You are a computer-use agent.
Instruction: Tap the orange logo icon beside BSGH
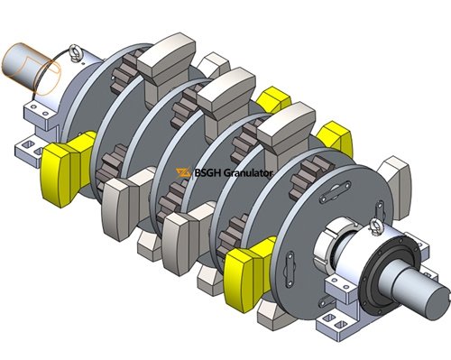coord(183,173)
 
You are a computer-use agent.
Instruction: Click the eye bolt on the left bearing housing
coord(73,52)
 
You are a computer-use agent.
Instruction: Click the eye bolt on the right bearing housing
coord(376,227)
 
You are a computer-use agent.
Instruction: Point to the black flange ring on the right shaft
coord(391,268)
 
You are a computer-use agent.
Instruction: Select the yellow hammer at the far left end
coord(68,169)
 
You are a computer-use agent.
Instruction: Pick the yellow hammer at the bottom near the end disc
coord(249,273)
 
